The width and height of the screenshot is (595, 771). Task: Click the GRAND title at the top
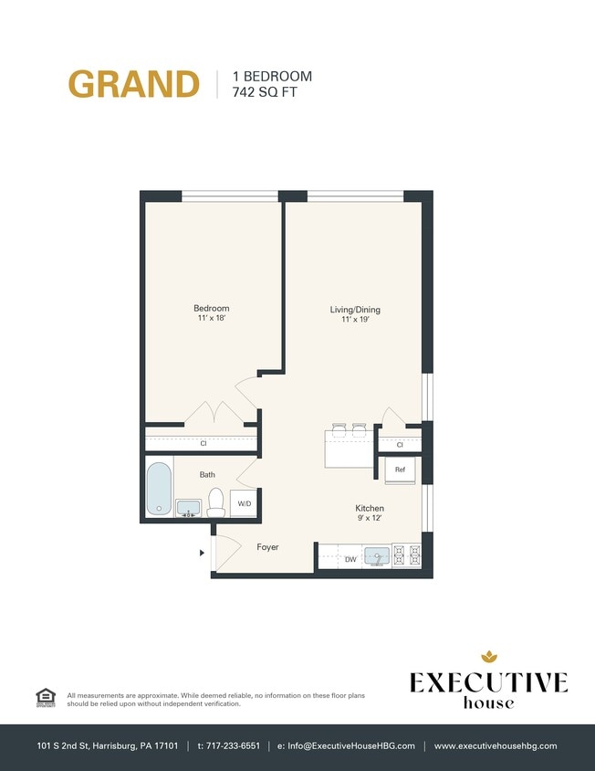[133, 83]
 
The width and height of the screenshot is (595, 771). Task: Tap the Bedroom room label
[211, 309]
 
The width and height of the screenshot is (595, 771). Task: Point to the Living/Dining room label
[354, 310]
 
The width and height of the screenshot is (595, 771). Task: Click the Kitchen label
[370, 508]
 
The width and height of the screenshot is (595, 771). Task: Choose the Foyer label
[267, 547]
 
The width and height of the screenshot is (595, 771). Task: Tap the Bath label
[208, 474]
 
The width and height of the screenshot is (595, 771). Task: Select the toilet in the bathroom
[216, 502]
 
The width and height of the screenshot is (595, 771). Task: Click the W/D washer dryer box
[245, 503]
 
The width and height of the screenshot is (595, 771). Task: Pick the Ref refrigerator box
[401, 470]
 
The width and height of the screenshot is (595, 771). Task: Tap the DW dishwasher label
[350, 559]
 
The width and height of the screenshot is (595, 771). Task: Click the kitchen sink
[377, 555]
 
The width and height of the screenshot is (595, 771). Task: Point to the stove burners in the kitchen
[408, 555]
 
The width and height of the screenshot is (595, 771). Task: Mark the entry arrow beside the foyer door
[202, 552]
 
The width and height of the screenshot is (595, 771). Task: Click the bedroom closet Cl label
[203, 444]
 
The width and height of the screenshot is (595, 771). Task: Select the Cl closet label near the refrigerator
[400, 445]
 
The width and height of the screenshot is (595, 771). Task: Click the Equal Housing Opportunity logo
[45, 697]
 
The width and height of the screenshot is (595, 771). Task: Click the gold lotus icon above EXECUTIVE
[488, 656]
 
